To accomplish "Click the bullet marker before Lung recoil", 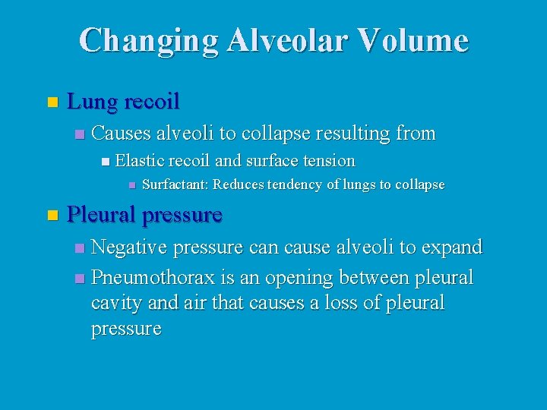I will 52,102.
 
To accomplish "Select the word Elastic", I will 140,160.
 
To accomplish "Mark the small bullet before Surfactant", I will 131,184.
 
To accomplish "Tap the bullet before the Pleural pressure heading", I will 52,216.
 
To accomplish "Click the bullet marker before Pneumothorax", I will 81,279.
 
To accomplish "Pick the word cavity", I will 113,303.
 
